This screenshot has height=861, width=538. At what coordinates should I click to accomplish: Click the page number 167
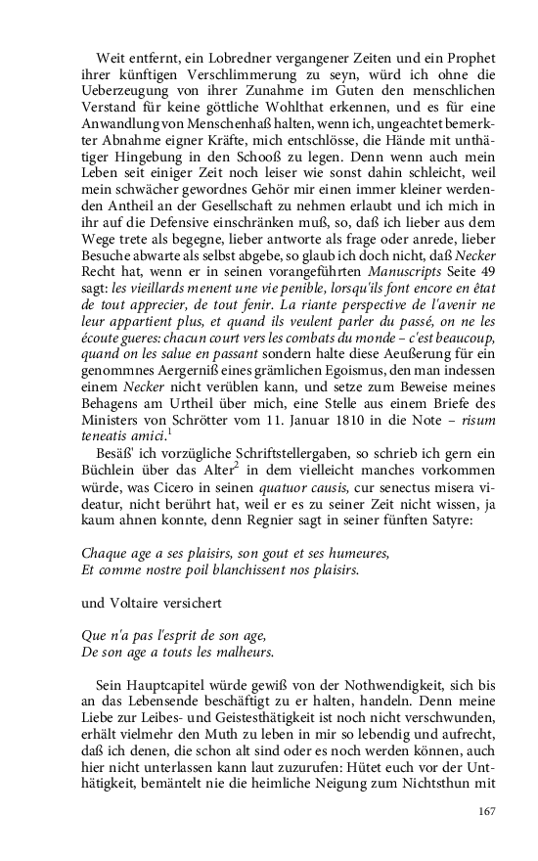(488, 810)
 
